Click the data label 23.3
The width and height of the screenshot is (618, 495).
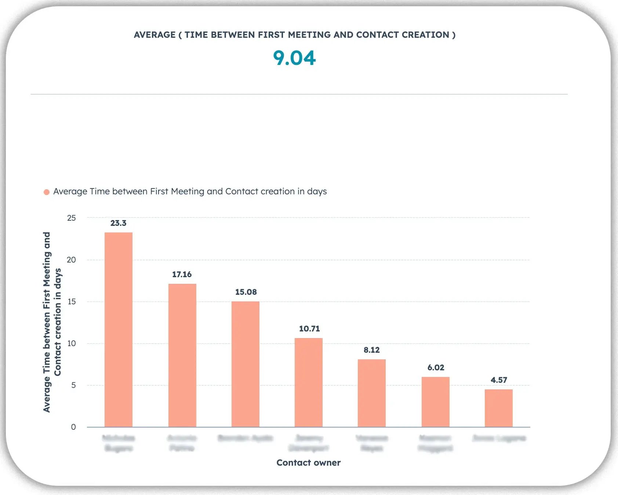click(119, 223)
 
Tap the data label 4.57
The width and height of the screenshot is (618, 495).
click(499, 380)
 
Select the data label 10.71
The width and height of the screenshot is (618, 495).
click(309, 329)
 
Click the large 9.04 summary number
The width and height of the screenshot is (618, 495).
click(294, 58)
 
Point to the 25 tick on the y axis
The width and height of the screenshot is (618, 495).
click(72, 218)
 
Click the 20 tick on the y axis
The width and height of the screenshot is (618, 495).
click(72, 260)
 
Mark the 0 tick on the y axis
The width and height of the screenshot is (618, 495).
click(73, 427)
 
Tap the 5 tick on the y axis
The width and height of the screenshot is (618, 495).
click(73, 385)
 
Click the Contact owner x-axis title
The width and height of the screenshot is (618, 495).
click(308, 463)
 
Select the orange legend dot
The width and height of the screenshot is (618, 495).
click(47, 192)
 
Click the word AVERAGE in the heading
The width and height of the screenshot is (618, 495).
click(154, 35)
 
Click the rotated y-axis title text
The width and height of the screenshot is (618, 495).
click(52, 322)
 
